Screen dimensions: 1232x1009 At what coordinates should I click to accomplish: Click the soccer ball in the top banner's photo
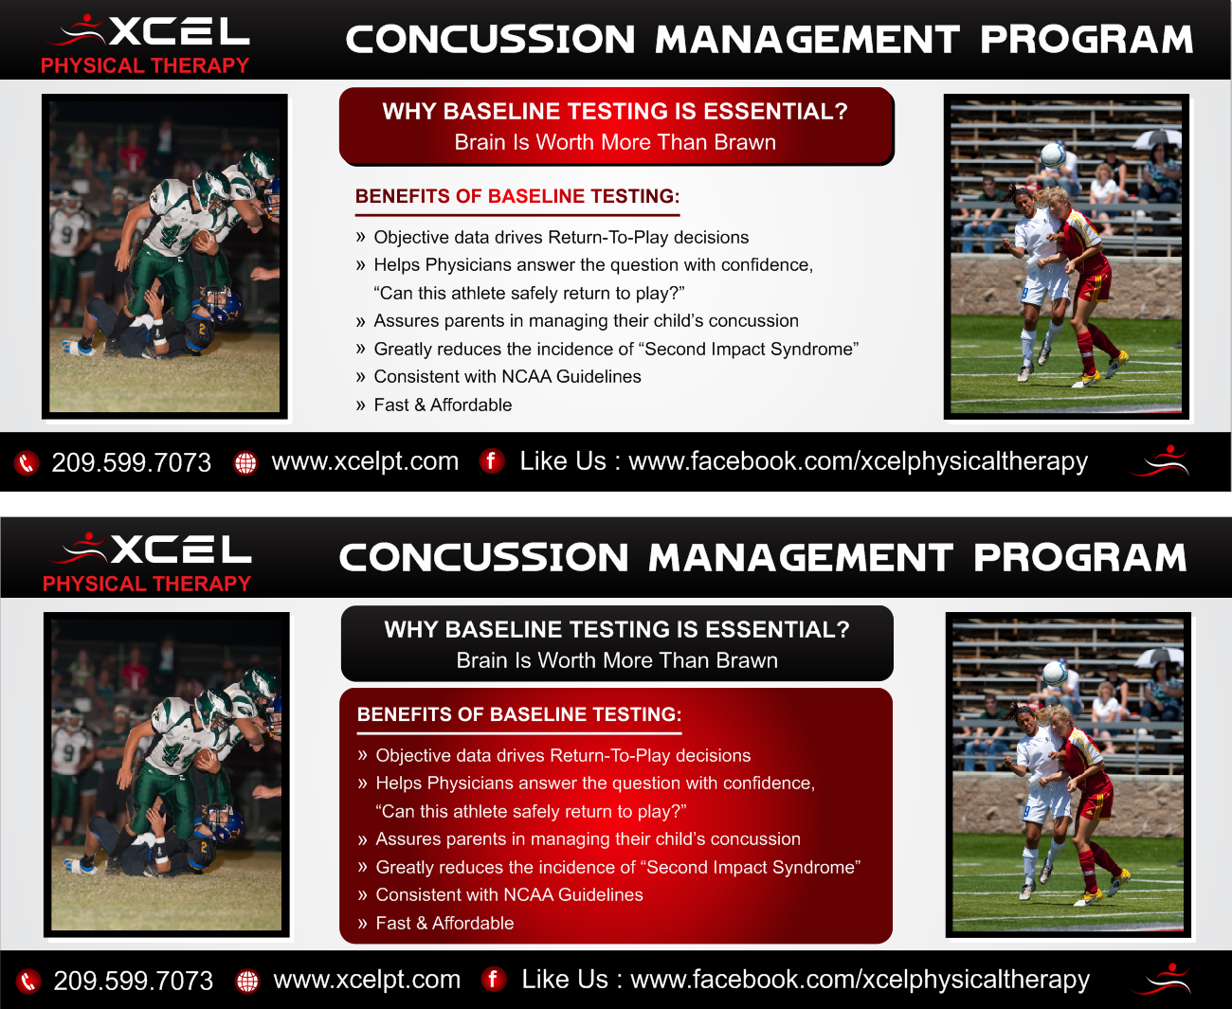(x=1053, y=154)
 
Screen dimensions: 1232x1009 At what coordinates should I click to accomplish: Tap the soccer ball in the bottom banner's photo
(x=1055, y=674)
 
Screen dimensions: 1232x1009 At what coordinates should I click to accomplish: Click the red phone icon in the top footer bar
(x=27, y=463)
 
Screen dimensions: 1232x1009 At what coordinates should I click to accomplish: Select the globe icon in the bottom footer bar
(x=247, y=982)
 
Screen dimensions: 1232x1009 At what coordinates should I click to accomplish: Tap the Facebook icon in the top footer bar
(x=492, y=461)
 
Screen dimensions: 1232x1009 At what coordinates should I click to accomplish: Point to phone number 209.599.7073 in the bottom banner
(x=134, y=981)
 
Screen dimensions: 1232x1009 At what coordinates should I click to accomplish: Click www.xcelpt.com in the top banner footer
(x=365, y=461)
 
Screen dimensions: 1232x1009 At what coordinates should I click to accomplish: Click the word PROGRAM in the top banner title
(x=1086, y=39)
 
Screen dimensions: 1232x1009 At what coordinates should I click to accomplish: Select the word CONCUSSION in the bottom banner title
(x=483, y=557)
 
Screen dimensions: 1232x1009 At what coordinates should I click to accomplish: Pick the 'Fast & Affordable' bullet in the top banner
(x=443, y=405)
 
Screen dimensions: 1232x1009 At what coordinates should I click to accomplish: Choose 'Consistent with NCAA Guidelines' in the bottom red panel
(x=510, y=894)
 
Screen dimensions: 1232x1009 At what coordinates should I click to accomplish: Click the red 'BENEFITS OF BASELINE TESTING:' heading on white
(x=517, y=196)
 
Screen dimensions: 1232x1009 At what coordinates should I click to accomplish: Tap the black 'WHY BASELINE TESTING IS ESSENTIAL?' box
(x=617, y=643)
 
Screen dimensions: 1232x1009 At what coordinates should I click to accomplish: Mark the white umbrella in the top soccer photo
(x=1156, y=137)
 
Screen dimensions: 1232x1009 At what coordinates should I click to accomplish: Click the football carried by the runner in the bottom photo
(x=204, y=758)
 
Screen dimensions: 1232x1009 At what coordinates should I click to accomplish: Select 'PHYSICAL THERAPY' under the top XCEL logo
(x=145, y=65)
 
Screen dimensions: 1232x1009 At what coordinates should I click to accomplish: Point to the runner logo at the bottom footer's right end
(x=1161, y=980)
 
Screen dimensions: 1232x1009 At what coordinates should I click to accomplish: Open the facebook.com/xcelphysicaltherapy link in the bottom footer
(x=860, y=980)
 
